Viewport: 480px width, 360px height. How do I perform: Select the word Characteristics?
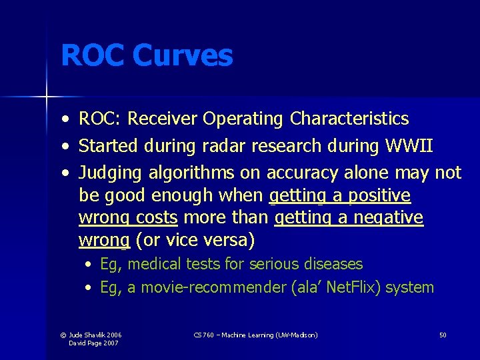pos(349,119)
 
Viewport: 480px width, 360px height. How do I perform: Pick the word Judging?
pos(111,173)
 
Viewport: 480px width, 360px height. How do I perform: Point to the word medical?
pos(155,264)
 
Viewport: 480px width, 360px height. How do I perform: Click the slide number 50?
pos(443,335)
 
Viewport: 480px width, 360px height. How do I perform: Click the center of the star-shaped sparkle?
pos(47,97)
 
